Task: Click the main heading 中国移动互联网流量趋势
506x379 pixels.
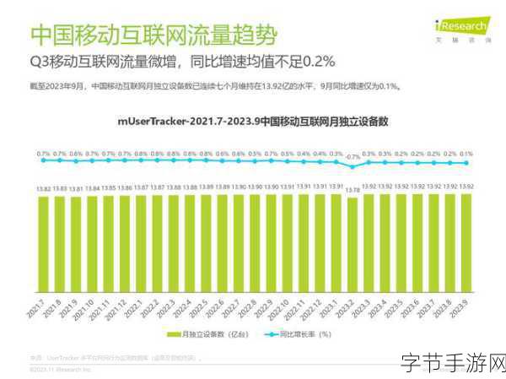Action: point(152,35)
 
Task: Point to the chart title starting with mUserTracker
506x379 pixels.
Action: point(253,122)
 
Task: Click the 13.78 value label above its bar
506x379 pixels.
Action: point(352,191)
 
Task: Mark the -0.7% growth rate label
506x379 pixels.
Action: point(352,156)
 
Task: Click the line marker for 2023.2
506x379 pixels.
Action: point(352,166)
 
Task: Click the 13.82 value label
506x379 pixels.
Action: point(43,187)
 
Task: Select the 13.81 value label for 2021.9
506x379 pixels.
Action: point(76,187)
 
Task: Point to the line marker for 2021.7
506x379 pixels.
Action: point(43,162)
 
